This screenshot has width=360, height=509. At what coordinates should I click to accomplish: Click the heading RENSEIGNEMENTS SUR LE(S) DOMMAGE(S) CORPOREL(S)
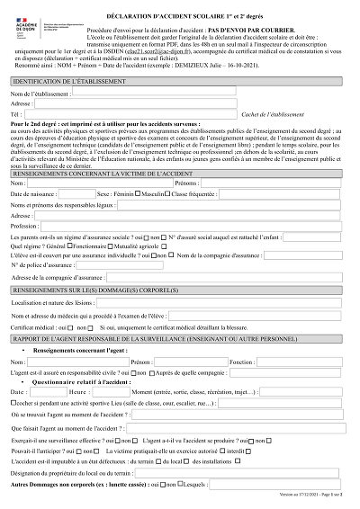pyautogui.click(x=100, y=292)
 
